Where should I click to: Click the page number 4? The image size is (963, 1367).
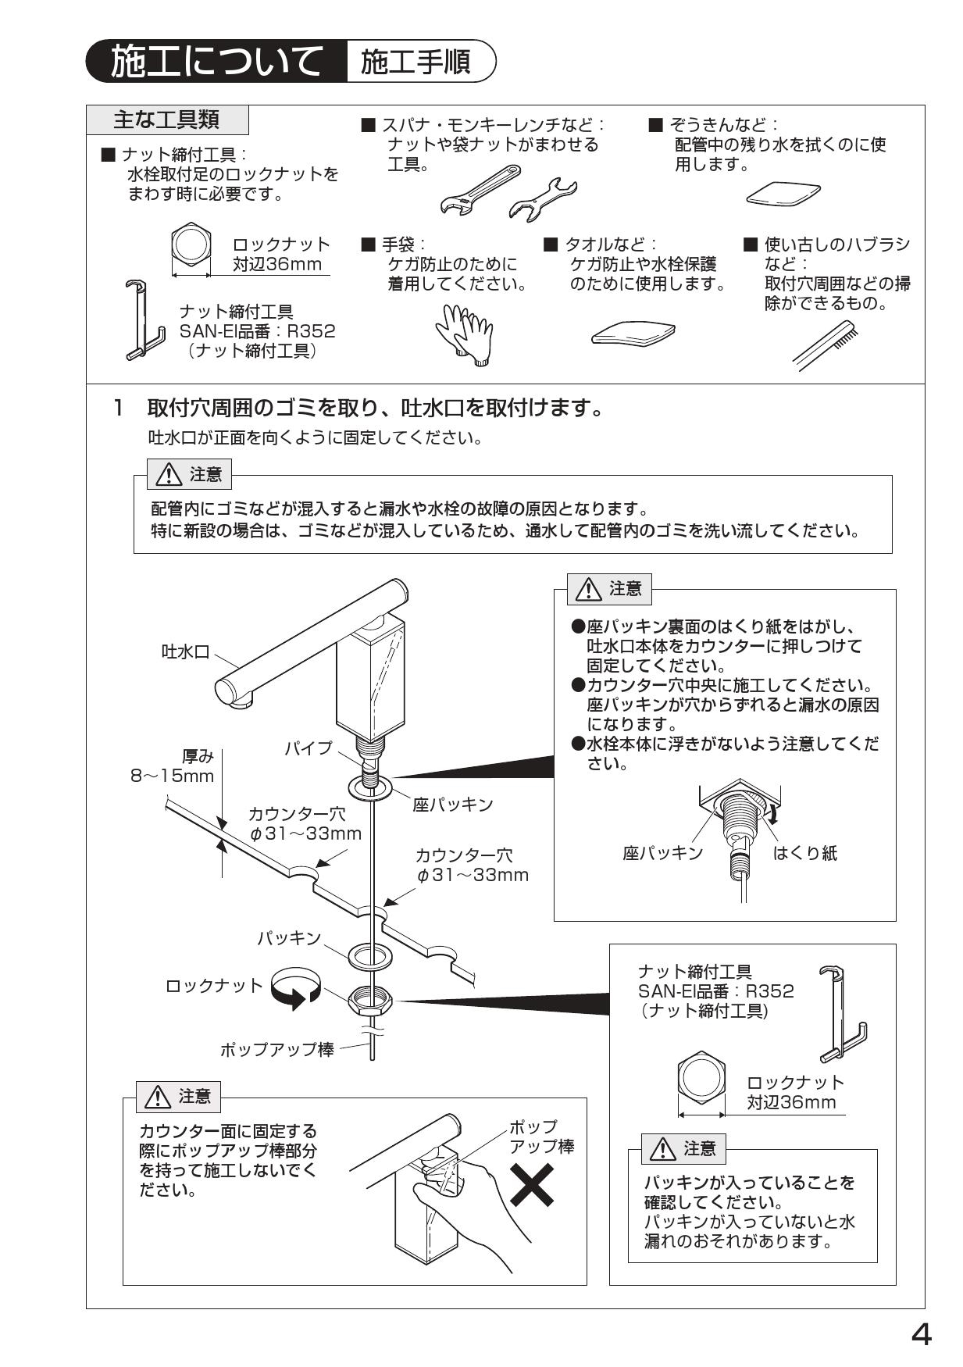[x=921, y=1336]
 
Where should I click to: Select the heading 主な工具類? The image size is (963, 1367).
[x=167, y=120]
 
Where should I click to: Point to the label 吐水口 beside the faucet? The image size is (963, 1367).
[x=186, y=651]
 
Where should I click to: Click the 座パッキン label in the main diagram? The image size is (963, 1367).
[x=453, y=805]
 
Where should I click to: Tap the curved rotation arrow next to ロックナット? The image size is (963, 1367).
[x=295, y=988]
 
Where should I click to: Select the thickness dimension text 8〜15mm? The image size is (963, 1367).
[x=172, y=776]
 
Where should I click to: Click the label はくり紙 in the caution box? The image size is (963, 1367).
[x=804, y=853]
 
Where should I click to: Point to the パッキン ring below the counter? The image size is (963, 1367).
[x=366, y=955]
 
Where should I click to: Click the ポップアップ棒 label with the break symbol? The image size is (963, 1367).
[x=277, y=1049]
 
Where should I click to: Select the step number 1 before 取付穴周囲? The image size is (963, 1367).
[x=119, y=408]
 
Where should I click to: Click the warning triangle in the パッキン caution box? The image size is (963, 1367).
[x=662, y=1149]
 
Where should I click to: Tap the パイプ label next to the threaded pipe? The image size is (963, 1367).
[x=308, y=748]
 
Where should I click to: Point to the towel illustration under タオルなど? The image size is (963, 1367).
[x=633, y=334]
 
